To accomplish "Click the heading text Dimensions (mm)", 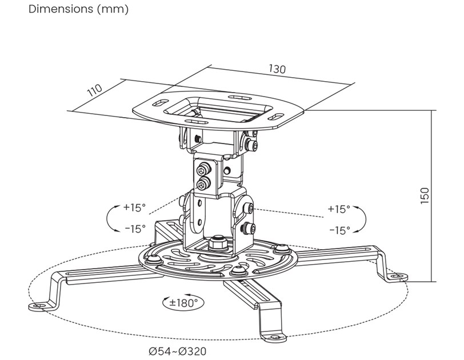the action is (x=78, y=9).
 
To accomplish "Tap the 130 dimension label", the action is (x=277, y=69).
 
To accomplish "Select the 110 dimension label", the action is (x=95, y=90).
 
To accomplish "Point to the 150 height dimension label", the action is (x=425, y=195).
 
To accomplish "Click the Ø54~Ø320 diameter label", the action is (x=178, y=351).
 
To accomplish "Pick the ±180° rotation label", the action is (x=183, y=303).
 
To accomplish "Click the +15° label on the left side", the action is (x=135, y=207).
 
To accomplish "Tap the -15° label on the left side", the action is (x=135, y=229).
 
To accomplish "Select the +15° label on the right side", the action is (x=339, y=209).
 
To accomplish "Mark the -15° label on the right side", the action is (x=339, y=230).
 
